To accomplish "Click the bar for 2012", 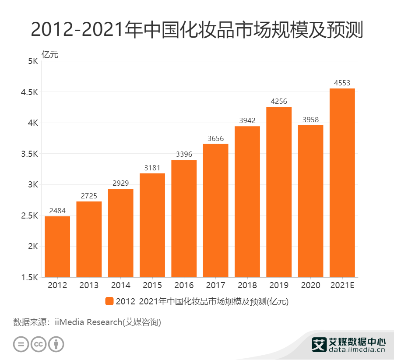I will [57, 247].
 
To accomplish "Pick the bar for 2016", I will [184, 219].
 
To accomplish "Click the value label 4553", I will [342, 83].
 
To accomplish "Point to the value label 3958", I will [310, 120].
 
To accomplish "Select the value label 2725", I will [89, 196].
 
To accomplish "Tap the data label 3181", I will [152, 168].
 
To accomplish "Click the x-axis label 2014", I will [121, 286].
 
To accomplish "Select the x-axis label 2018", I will [247, 286].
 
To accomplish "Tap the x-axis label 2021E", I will [342, 286].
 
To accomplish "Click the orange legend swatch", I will [109, 301].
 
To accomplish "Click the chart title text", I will [197, 30].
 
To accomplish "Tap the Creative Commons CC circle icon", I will [39, 344].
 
